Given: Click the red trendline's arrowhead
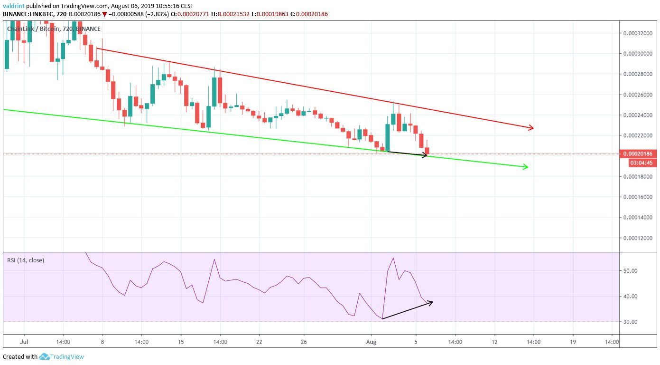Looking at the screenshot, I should pyautogui.click(x=531, y=127).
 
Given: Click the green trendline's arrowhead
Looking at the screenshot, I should pyautogui.click(x=525, y=166).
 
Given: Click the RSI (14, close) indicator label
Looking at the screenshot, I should pyautogui.click(x=26, y=260).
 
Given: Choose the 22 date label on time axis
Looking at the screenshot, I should pyautogui.click(x=259, y=342).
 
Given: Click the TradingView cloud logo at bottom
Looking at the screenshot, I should pyautogui.click(x=45, y=356).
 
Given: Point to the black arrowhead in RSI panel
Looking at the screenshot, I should pyautogui.click(x=430, y=302).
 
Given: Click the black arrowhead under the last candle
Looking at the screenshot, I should pyautogui.click(x=425, y=155).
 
